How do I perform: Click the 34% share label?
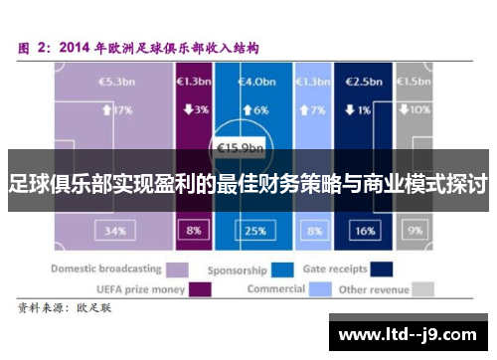pyautogui.click(x=115, y=231)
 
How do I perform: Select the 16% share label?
pyautogui.click(x=365, y=231)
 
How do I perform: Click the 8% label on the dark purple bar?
pyautogui.click(x=192, y=231)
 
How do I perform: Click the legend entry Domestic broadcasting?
pyautogui.click(x=106, y=269)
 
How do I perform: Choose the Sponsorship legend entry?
pyautogui.click(x=237, y=269)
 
